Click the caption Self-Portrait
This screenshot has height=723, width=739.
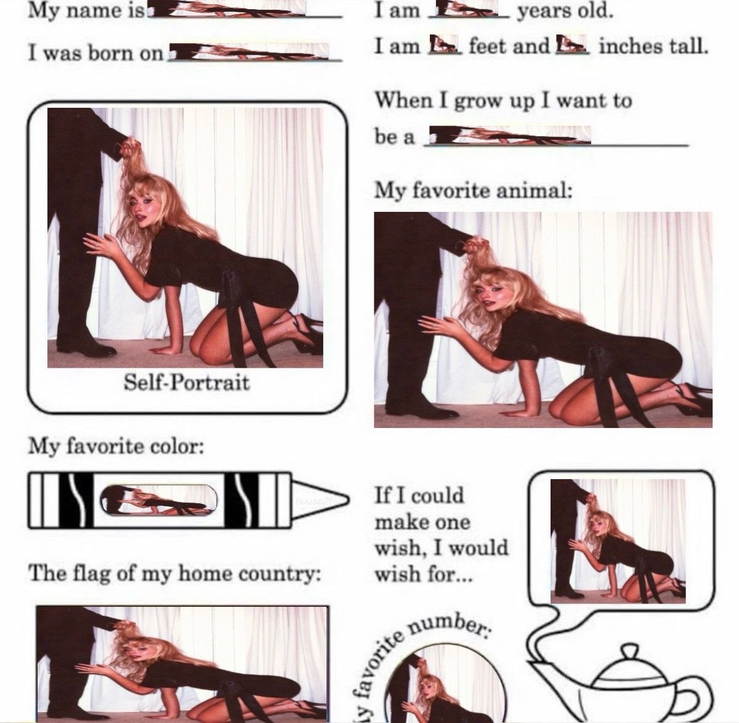point(187,382)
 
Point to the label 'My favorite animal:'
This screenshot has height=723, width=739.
point(473,190)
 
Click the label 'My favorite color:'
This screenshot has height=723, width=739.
point(116,446)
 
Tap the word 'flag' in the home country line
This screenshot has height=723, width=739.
point(87,573)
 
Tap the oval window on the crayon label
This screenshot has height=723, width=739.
point(159,500)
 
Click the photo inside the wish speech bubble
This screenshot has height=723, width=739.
point(618,541)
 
